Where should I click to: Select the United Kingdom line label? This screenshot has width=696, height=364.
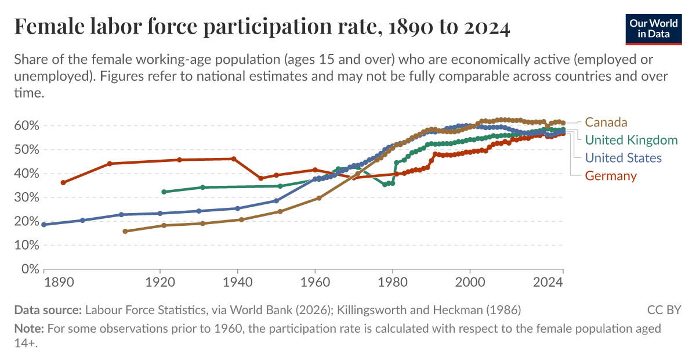click(x=631, y=140)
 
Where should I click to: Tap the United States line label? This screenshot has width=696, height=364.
click(x=623, y=158)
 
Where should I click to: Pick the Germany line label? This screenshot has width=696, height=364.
click(x=611, y=176)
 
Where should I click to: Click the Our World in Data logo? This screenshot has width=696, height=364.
click(x=653, y=28)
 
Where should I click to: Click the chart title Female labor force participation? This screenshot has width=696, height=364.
click(x=262, y=27)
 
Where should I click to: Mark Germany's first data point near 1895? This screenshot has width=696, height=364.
click(x=63, y=182)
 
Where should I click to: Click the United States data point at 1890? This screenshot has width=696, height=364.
click(x=44, y=225)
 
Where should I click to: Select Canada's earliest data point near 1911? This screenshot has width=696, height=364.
click(x=125, y=231)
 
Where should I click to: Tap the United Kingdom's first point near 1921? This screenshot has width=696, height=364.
click(x=164, y=192)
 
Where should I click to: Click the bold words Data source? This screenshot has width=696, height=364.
click(x=48, y=309)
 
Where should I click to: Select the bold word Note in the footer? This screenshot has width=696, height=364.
click(x=28, y=329)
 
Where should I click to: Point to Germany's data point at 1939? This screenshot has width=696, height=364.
click(x=234, y=159)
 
